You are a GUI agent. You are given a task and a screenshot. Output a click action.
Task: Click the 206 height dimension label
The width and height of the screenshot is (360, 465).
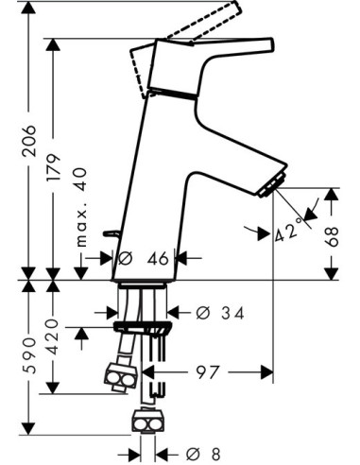click(29, 141)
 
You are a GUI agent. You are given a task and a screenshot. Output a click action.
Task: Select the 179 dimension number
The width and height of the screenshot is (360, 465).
click(53, 167)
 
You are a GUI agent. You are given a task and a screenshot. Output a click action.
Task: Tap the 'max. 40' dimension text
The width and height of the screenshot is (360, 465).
click(81, 207)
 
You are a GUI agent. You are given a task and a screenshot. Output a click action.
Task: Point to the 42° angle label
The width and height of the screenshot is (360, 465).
click(287, 231)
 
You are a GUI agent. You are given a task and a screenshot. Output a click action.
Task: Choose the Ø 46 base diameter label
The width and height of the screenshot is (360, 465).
click(143, 259)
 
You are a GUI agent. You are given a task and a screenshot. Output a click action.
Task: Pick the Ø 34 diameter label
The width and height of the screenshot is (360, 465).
click(220, 313)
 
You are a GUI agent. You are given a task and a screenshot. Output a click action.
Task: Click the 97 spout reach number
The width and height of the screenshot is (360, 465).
click(207, 372)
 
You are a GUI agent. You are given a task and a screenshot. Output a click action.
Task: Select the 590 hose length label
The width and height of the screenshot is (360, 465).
click(29, 355)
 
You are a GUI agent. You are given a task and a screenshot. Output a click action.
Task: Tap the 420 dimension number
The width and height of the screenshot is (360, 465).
click(53, 337)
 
